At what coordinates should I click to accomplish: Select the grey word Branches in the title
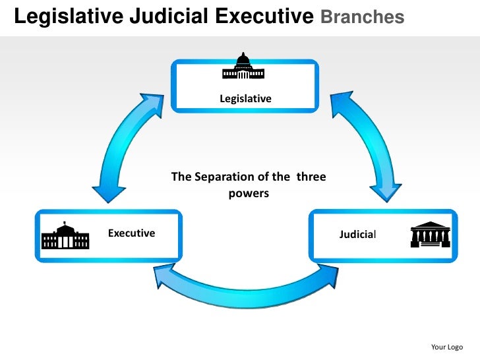click(362, 17)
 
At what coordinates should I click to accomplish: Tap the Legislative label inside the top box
click(245, 99)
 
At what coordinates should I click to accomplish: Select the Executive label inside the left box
click(131, 233)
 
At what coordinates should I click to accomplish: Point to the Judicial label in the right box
click(358, 234)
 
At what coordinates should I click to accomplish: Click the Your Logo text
click(446, 347)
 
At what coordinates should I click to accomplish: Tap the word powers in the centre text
click(249, 195)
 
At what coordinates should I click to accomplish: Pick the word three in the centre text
click(311, 177)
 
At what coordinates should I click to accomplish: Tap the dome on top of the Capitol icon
click(244, 59)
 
